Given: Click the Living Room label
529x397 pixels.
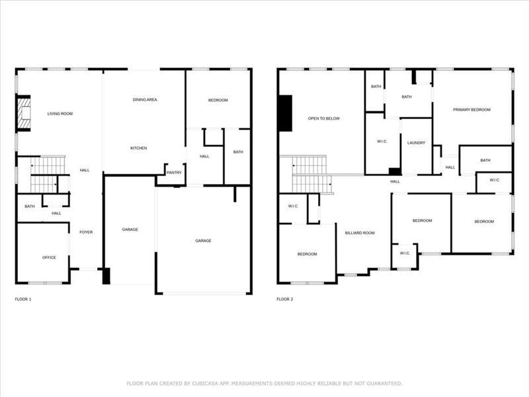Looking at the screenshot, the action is point(60,114).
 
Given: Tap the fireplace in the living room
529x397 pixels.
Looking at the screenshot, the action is point(23,113).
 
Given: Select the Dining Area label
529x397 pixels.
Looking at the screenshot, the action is point(145,100).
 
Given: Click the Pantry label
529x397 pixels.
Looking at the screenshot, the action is point(174,173).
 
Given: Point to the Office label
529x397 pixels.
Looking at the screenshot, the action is point(49,257).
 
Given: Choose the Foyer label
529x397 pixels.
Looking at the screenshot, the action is point(86,232).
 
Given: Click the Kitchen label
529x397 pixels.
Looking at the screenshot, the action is point(139,148).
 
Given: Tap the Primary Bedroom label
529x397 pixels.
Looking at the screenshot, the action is point(471,110).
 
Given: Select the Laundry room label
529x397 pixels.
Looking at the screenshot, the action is point(417,143).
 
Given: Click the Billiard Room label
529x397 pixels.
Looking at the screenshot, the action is point(360,233).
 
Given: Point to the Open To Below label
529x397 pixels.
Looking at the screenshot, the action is point(324,118).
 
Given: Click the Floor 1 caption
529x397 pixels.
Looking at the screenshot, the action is point(23,299).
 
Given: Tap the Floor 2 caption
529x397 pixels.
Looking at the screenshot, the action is point(285,299).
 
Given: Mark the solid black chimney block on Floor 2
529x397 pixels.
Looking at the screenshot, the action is point(286,113).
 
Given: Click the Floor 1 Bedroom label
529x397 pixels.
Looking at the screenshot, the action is point(218,101).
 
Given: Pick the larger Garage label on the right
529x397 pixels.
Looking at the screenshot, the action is point(203,241).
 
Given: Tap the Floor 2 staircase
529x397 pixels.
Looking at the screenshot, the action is point(311,175).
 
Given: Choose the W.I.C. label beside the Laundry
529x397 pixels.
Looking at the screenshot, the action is point(382,142).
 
